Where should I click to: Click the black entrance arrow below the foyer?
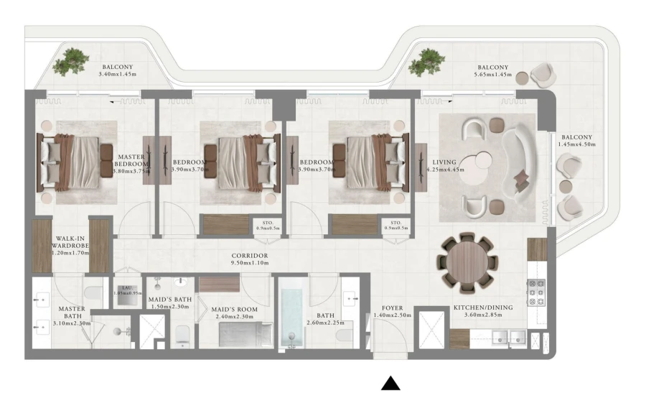(x=390, y=382)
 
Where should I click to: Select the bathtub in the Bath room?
(x=293, y=316)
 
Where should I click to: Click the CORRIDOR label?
(x=249, y=256)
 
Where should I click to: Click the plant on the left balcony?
(x=72, y=62)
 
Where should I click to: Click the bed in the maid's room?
(x=245, y=334)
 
